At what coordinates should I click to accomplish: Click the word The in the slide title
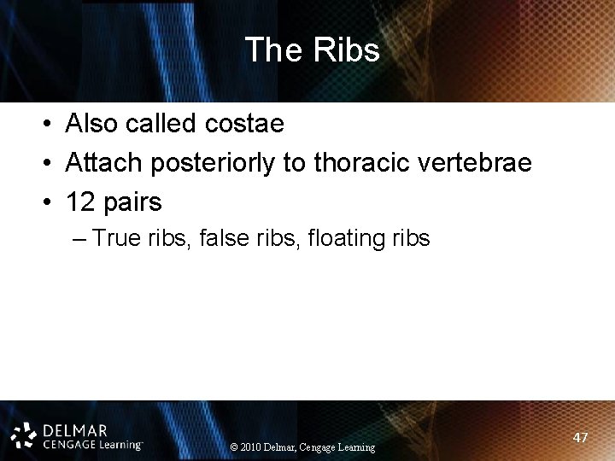coord(272,50)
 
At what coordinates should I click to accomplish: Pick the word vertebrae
coord(477,163)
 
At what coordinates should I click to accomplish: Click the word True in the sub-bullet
coord(114,238)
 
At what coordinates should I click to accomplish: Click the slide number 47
coord(580,437)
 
